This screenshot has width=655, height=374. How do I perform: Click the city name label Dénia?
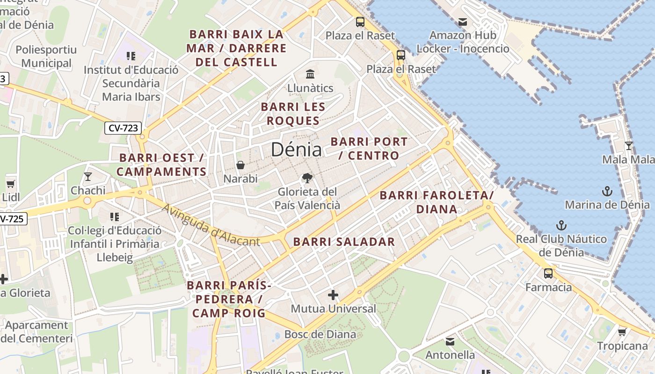296,150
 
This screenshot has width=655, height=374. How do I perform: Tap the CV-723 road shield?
123,128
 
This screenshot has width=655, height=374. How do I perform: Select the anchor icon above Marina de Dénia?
607,191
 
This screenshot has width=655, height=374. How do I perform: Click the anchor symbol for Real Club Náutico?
561,225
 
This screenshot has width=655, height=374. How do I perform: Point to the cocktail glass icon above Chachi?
87,176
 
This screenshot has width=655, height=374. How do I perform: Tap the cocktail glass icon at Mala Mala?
628,146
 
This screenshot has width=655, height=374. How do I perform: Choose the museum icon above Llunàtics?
310,74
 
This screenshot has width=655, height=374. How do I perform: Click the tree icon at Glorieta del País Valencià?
307,178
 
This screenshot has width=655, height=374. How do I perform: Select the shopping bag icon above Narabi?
240,165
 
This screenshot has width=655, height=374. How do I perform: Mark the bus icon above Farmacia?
548,273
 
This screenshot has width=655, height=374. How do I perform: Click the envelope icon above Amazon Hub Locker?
463,22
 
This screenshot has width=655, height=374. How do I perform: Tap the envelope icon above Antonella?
450,341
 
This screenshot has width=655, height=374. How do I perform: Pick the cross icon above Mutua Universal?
333,295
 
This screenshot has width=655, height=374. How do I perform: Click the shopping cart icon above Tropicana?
622,332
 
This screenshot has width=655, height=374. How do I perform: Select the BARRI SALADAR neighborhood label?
344,242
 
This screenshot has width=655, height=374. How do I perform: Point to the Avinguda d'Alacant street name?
211,225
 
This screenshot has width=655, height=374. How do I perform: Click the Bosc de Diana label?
320,334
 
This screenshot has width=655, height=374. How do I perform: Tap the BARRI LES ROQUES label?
293,114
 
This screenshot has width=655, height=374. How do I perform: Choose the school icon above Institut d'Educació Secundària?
131,56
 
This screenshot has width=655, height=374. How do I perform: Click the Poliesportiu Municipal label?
46,56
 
